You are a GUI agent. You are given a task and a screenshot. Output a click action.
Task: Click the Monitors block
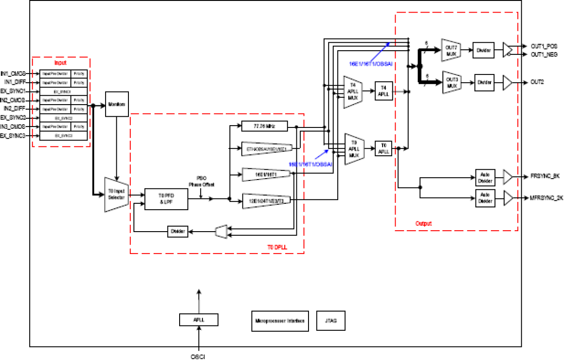click(117, 104)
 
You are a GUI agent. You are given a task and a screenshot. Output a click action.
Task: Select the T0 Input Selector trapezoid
click(117, 194)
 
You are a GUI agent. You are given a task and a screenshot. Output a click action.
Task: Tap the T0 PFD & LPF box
click(166, 199)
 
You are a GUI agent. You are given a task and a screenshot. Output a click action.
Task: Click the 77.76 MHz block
click(264, 127)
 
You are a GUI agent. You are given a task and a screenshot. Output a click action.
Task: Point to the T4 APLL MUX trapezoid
click(352, 92)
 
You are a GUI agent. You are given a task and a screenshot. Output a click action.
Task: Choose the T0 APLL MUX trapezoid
click(353, 149)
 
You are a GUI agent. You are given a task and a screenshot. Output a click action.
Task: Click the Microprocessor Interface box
click(280, 321)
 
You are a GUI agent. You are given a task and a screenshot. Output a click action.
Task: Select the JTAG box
click(331, 321)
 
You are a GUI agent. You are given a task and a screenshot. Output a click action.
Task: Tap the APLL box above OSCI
click(198, 320)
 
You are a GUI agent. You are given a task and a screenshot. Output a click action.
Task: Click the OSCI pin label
click(198, 356)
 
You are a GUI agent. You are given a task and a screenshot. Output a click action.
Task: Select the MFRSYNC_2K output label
click(546, 198)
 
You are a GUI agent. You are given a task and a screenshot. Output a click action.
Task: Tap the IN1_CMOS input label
click(13, 73)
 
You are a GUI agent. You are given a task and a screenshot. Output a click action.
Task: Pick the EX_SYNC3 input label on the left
click(13, 135)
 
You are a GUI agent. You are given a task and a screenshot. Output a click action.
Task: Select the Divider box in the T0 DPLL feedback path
click(178, 232)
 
